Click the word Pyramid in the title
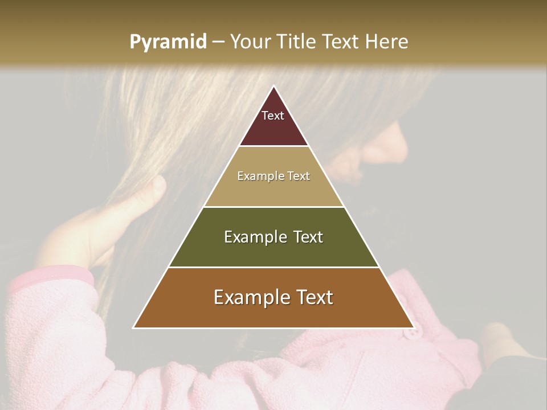(x=168, y=42)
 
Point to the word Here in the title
(x=386, y=42)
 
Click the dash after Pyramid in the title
(x=218, y=42)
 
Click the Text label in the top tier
(x=273, y=116)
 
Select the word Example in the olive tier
(x=255, y=237)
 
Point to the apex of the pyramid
(x=273, y=87)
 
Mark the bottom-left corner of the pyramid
(x=134, y=327)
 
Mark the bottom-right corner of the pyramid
(x=413, y=327)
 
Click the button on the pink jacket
(x=411, y=332)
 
